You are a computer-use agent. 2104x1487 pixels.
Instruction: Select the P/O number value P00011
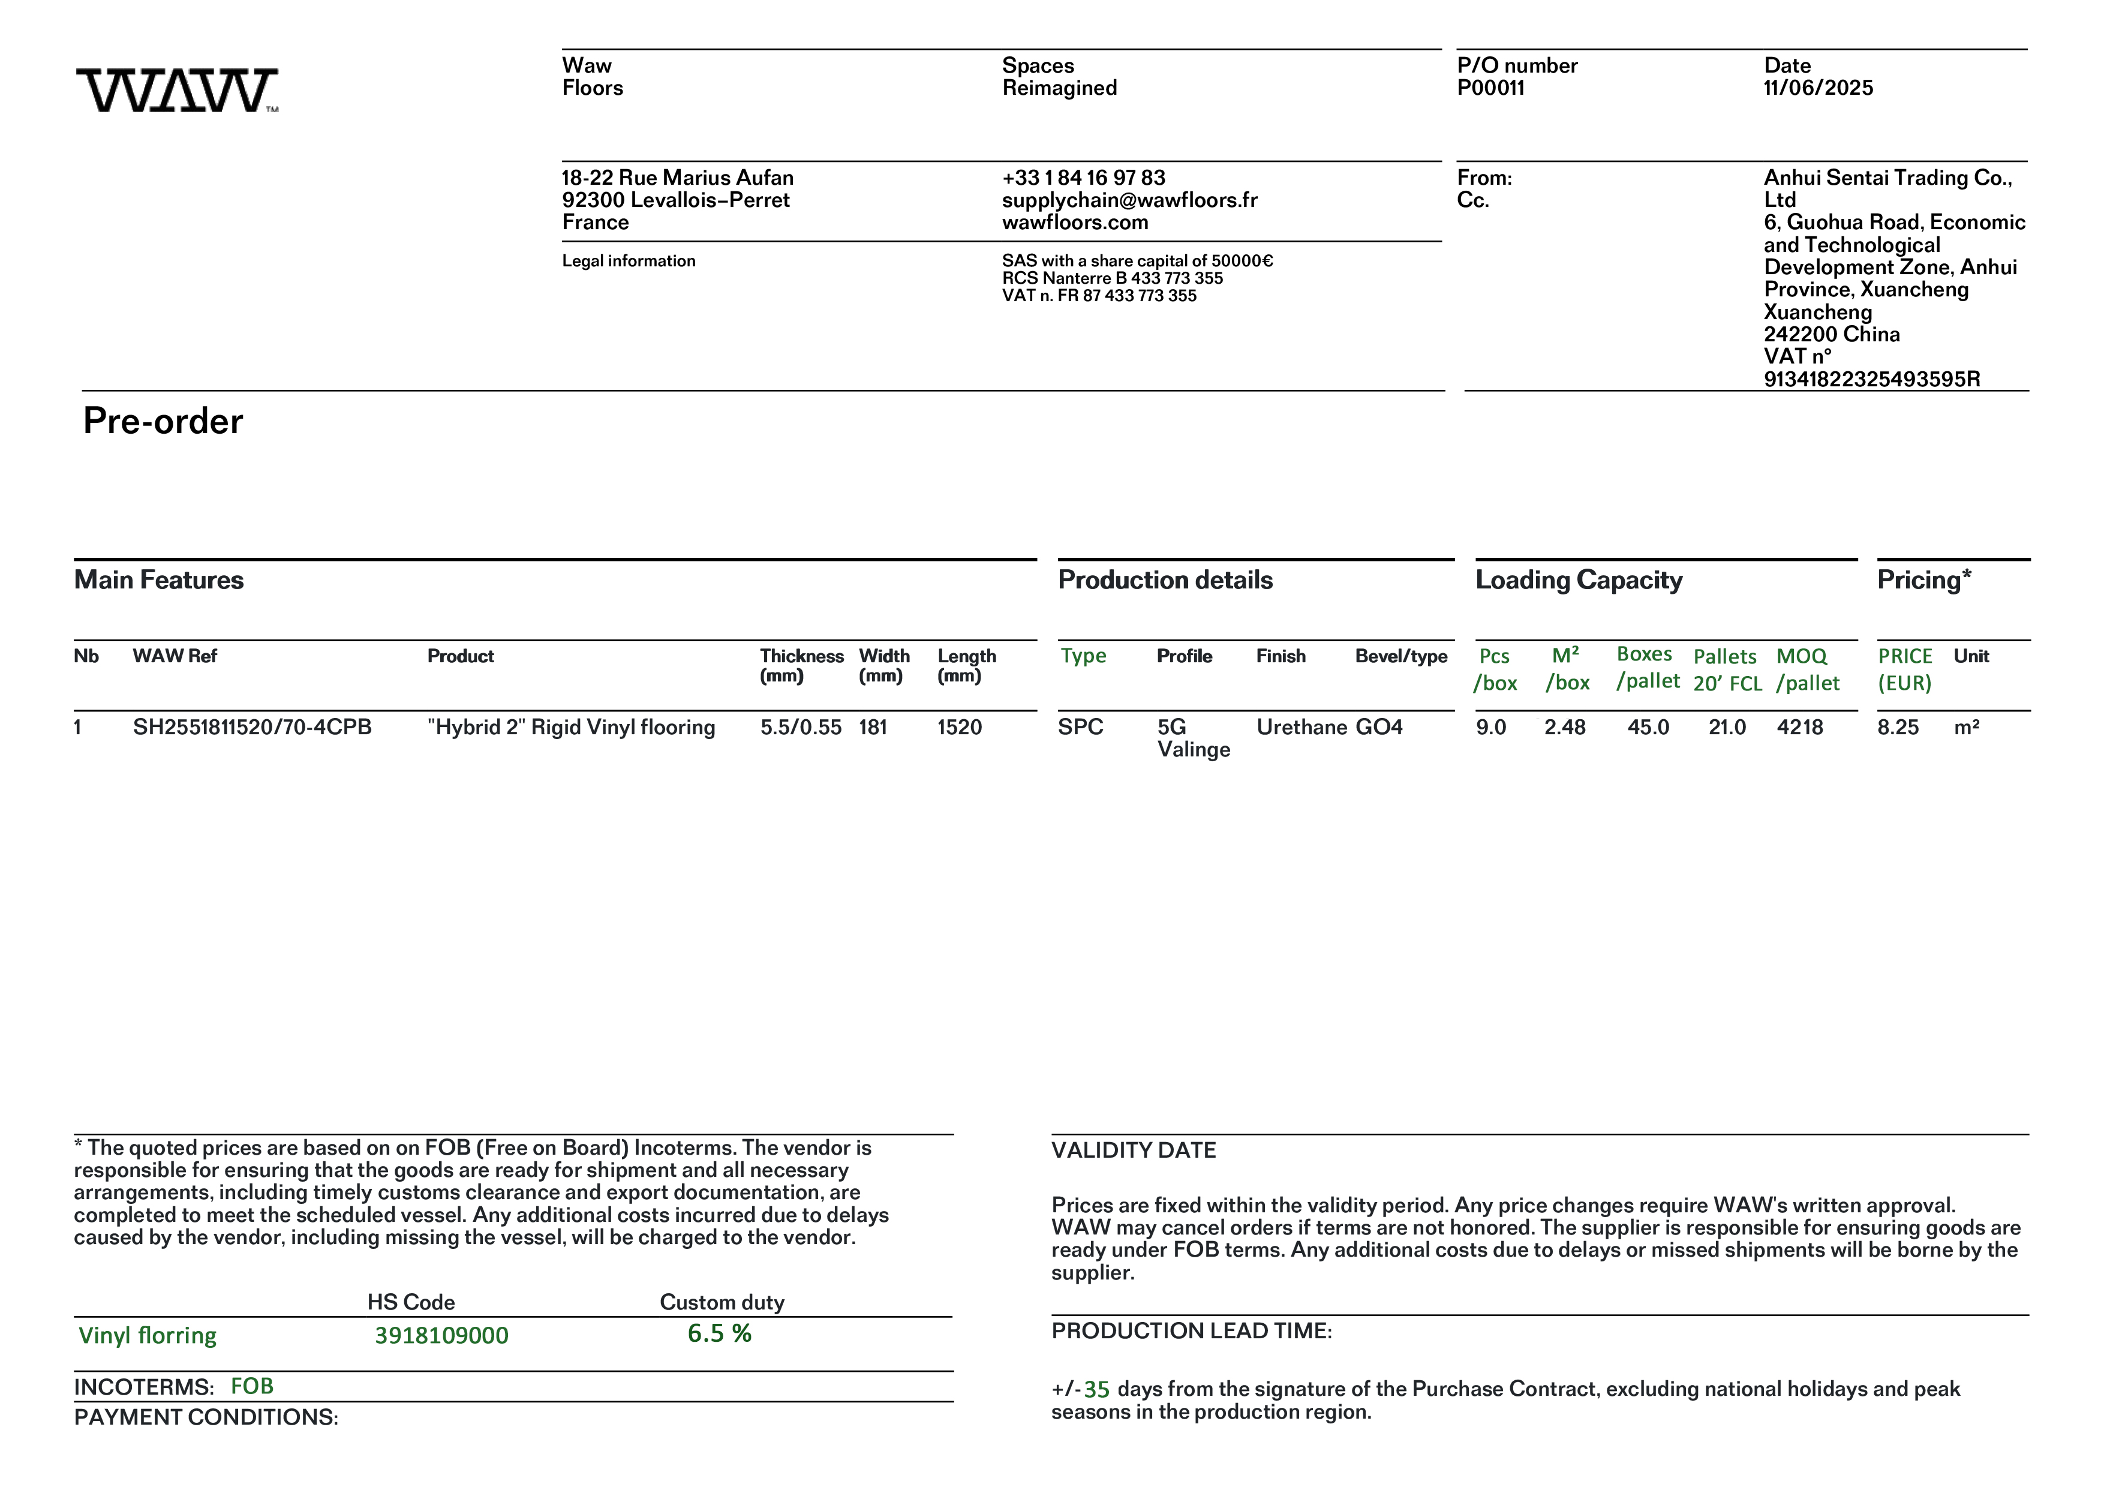point(1491,88)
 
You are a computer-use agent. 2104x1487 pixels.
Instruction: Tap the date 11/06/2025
point(1818,88)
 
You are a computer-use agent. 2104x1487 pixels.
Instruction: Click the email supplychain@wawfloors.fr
point(1129,200)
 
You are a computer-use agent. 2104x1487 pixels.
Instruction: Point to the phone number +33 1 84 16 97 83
point(1083,178)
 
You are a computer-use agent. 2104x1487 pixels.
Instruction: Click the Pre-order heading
point(163,422)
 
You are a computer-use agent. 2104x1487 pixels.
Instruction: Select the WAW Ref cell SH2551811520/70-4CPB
point(252,728)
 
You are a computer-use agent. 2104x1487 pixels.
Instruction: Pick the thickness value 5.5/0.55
point(800,728)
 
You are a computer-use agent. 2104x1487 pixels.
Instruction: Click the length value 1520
point(960,728)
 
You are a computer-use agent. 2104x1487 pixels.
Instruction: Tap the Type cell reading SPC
point(1080,728)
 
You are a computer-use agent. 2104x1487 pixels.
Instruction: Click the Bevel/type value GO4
point(1379,728)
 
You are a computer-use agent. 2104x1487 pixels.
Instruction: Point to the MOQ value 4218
point(1800,728)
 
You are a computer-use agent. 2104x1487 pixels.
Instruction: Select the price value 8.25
point(1898,728)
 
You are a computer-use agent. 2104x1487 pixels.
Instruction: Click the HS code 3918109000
point(441,1336)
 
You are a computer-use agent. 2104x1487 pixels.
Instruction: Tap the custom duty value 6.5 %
point(719,1334)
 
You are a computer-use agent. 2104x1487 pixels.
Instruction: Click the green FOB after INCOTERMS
point(252,1386)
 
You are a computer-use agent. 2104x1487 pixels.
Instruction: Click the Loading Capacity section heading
point(1578,580)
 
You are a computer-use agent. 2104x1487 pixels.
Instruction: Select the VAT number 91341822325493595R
point(1871,379)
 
